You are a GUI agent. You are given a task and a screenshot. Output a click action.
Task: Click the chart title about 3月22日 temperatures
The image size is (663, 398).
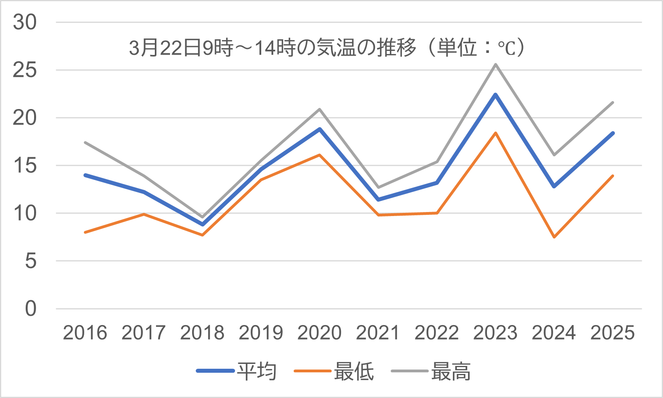coord(326,48)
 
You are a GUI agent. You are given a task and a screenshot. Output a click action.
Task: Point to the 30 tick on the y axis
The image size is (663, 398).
coord(24,22)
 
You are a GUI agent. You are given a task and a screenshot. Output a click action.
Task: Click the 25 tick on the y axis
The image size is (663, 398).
coord(24,70)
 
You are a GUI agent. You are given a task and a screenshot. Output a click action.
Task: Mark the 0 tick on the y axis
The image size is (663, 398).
coord(30,309)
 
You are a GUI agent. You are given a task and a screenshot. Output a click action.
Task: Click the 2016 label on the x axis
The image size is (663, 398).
coord(85,333)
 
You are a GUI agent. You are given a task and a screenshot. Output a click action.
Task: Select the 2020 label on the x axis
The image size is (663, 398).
coord(319,333)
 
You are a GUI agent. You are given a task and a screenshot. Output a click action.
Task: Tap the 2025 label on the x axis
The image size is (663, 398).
coord(612,333)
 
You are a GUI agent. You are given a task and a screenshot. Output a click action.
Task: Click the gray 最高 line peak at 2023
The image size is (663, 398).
coord(496,64)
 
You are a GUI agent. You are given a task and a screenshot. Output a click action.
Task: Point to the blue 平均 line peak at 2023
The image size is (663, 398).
coord(496,95)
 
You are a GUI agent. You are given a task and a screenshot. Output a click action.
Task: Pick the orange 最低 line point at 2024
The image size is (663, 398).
coord(554,237)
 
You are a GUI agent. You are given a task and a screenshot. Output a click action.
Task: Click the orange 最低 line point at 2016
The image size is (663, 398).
coord(85,232)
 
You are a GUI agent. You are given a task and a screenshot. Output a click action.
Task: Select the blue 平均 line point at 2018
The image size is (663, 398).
coord(203,224)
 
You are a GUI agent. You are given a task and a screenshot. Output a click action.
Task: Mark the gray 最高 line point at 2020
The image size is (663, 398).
coord(320,109)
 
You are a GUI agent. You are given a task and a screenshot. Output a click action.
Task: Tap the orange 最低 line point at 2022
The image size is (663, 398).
coord(437,213)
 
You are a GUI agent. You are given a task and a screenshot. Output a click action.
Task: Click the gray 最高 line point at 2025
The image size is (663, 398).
coord(613,103)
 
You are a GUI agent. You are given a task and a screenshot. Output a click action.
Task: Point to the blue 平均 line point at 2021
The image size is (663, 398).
coord(378,200)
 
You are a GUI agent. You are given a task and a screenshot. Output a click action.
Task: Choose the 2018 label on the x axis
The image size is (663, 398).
coord(202,333)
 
